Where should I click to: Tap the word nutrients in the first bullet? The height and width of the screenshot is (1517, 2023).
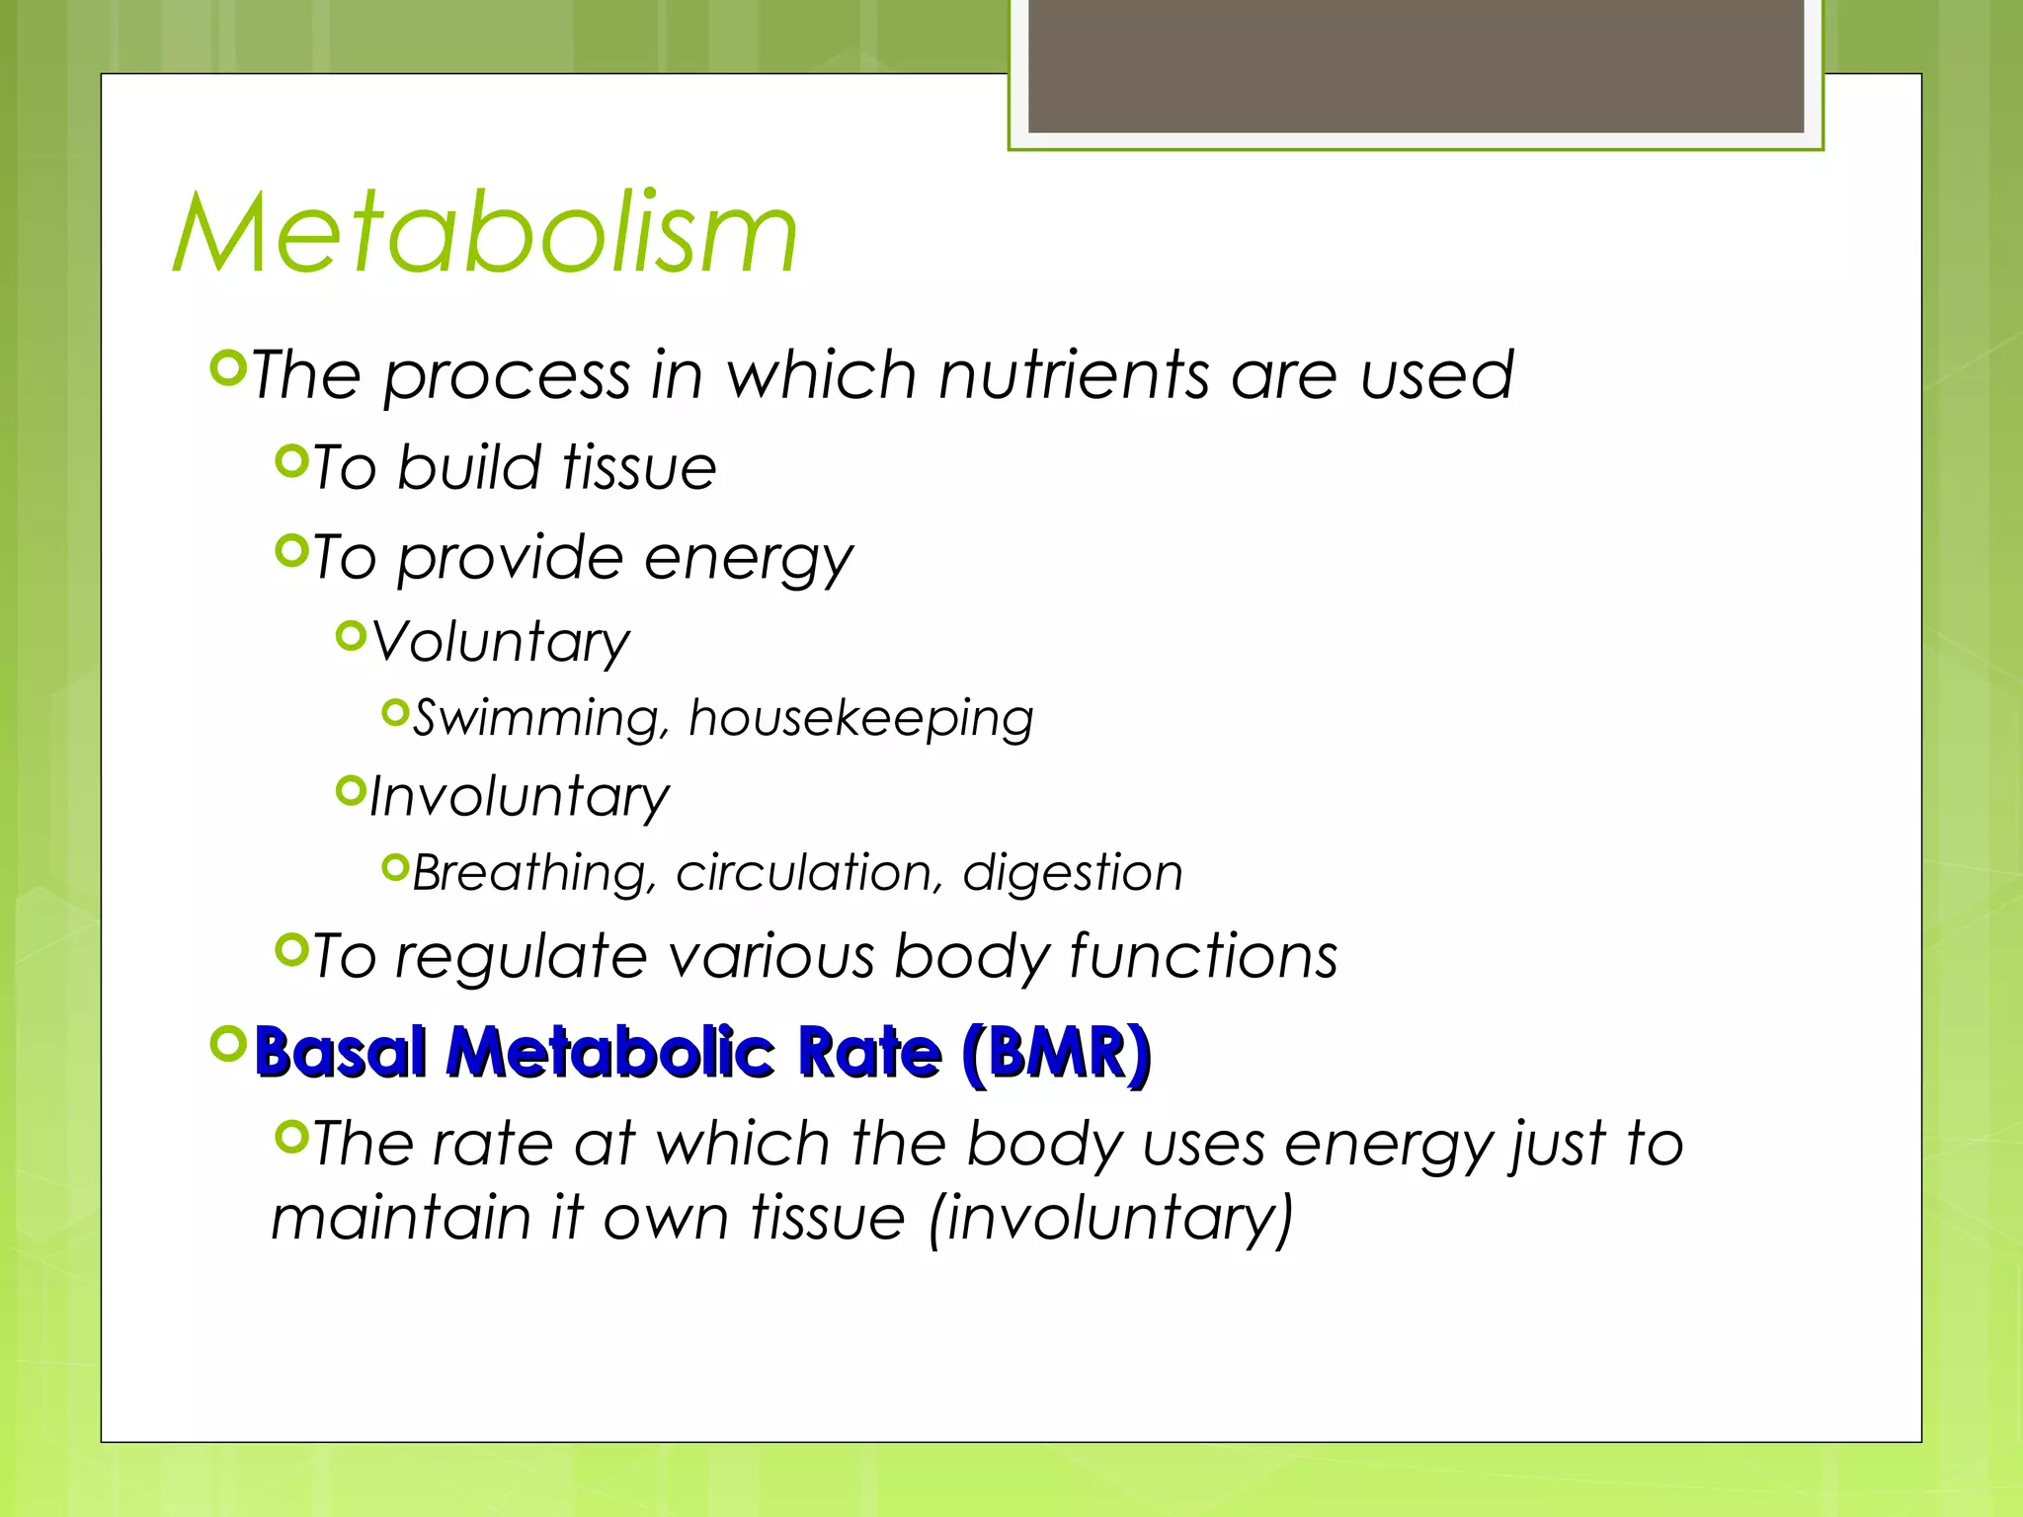[1074, 375]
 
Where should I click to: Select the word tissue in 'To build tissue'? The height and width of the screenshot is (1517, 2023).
[639, 467]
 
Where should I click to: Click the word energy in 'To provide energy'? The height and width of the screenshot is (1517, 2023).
[748, 559]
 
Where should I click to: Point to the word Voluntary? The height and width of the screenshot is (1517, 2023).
[500, 643]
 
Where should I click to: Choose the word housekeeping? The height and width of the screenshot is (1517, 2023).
[860, 718]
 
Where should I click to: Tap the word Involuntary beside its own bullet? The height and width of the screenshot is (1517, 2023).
[519, 797]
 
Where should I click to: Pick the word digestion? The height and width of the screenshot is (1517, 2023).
[1072, 874]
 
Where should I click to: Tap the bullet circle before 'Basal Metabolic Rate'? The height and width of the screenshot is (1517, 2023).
[228, 1043]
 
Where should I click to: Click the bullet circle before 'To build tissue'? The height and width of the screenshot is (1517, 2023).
[291, 460]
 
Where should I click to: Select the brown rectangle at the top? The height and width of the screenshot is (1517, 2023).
[1416, 65]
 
